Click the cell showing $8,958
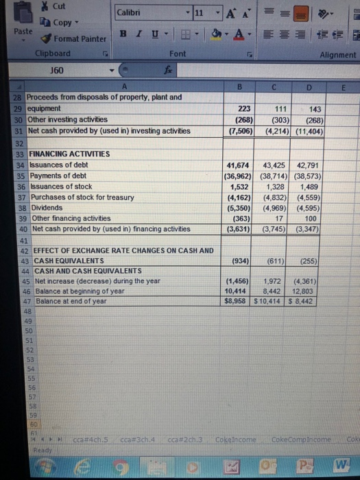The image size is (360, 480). tap(241, 300)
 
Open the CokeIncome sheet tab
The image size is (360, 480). tap(235, 440)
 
